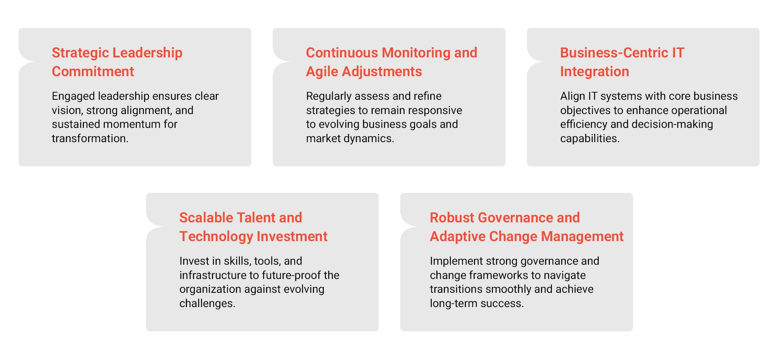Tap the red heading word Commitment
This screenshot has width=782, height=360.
93,72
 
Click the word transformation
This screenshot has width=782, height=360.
90,138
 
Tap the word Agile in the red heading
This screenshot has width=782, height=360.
322,72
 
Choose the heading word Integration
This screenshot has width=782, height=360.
594,72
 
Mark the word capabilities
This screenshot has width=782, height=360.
589,138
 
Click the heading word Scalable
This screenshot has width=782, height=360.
206,218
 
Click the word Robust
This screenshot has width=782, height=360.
452,218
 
